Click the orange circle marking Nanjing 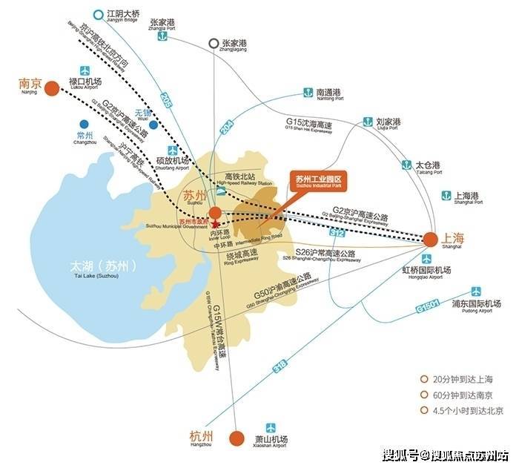pyautogui.click(x=52, y=89)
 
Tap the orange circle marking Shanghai pyautogui.click(x=430, y=239)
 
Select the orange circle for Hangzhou pyautogui.click(x=237, y=438)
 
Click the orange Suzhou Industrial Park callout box pyautogui.click(x=320, y=181)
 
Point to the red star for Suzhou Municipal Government pyautogui.click(x=215, y=223)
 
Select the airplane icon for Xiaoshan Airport pyautogui.click(x=270, y=429)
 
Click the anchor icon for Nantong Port pyautogui.click(x=305, y=93)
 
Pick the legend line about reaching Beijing pyautogui.click(x=466, y=411)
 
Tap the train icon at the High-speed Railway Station pyautogui.click(x=221, y=190)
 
